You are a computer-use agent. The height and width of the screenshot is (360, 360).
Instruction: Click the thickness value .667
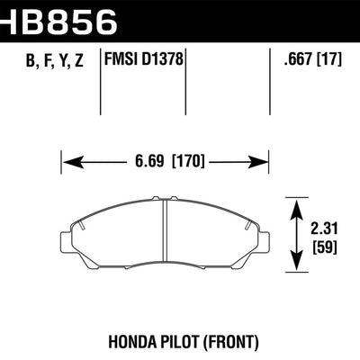tap(296, 63)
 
